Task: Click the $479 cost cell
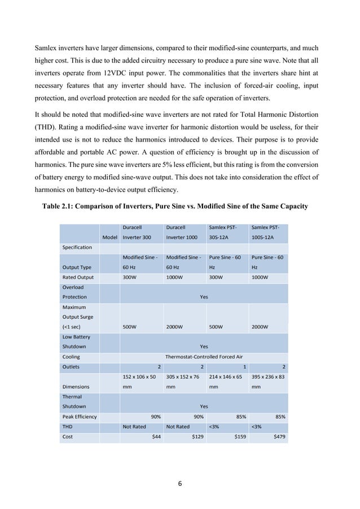coord(278,436)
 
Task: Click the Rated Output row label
coord(78,277)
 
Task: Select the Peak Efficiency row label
coord(80,417)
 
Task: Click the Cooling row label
coord(72,357)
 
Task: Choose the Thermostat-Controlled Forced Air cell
coord(204,357)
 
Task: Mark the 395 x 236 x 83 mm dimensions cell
coord(268,381)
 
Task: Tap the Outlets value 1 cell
coord(243,366)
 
